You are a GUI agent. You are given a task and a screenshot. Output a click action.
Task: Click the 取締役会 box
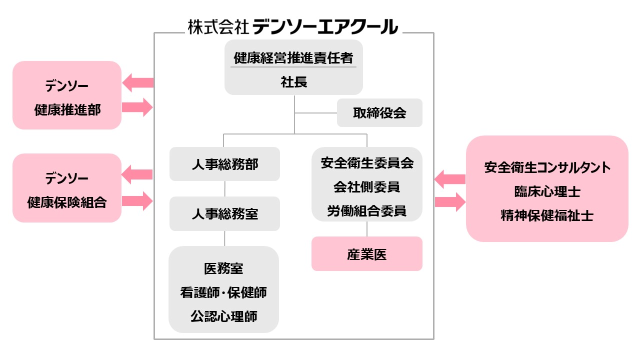379,113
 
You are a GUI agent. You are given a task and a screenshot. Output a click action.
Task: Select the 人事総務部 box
224,164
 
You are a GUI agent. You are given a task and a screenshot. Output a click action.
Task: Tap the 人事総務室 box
224,214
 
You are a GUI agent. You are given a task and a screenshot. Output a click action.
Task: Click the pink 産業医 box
366,254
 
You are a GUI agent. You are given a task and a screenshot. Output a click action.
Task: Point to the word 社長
294,82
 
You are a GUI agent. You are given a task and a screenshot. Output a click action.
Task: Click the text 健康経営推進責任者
294,58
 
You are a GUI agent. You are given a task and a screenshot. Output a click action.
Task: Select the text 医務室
223,268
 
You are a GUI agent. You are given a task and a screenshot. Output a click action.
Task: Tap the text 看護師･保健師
223,292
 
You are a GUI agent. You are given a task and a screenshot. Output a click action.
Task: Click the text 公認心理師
223,316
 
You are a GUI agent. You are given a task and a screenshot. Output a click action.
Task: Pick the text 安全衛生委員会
367,163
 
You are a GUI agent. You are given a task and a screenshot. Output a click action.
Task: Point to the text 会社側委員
367,187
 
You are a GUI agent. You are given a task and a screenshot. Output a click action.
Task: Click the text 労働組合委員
367,211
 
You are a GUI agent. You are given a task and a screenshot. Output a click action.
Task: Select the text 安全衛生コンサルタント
547,167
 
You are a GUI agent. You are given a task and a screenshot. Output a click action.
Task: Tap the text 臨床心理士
547,191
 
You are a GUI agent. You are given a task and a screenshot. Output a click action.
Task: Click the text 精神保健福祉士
547,216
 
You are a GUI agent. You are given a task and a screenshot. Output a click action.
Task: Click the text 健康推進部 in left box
67,110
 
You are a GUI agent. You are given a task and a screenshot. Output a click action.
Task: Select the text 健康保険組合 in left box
67,202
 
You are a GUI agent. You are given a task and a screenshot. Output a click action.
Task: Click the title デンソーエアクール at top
325,26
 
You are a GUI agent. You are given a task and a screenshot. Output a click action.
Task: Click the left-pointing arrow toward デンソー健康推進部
137,82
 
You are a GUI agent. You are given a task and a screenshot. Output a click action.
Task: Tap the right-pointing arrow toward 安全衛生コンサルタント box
449,202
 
